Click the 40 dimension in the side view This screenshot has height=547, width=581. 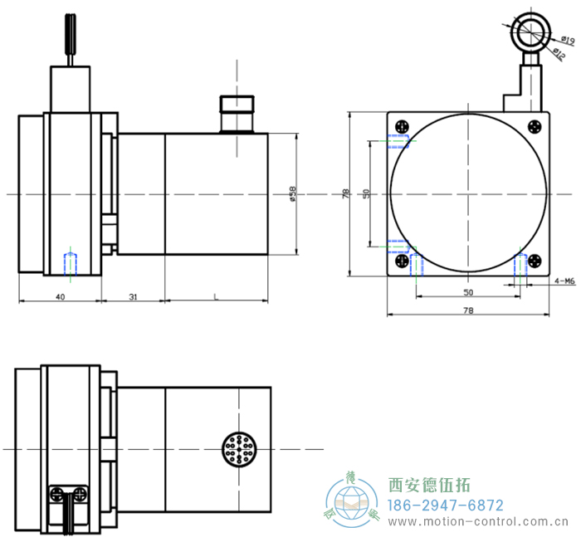(61, 296)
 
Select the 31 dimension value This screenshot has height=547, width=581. (133, 296)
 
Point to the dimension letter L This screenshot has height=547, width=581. (217, 296)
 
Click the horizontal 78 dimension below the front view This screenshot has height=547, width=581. (467, 310)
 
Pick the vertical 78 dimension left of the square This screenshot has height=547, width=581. (345, 193)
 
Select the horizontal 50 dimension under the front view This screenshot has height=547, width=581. (467, 293)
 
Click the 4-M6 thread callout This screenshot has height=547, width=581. (564, 281)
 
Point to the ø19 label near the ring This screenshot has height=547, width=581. (567, 42)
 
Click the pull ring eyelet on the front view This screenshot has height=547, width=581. (530, 33)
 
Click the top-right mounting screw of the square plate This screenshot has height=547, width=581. (534, 127)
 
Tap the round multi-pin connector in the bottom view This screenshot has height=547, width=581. (237, 450)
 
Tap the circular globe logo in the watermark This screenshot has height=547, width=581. (352, 501)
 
